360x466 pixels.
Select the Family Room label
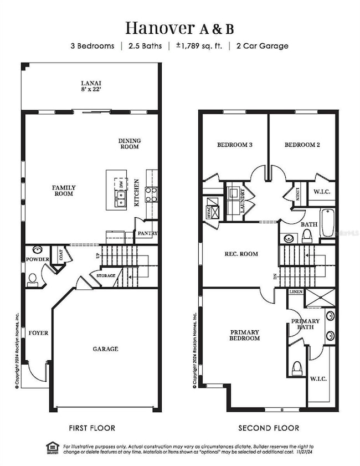tap(64, 191)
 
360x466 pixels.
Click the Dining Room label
tap(130, 144)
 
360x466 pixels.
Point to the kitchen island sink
tap(121, 199)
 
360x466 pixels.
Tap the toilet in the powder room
tap(33, 279)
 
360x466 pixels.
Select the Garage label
tap(105, 349)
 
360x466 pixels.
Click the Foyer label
tap(38, 333)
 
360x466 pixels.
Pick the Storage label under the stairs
tap(106, 275)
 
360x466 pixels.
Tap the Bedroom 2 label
tap(302, 145)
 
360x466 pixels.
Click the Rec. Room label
tap(241, 254)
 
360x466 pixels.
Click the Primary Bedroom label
tap(245, 335)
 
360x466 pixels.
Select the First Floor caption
tap(92, 428)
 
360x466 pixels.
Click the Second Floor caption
tap(269, 428)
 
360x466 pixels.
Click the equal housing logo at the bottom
tap(53, 447)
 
